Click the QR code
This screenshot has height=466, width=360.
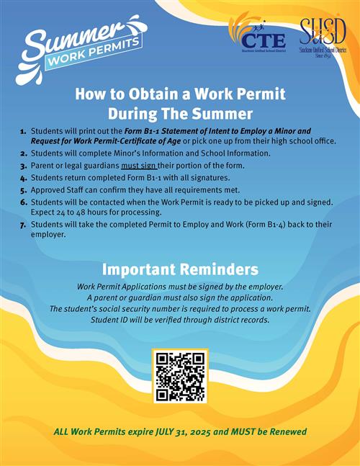pos(180,376)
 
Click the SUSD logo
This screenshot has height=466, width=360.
pos(323,37)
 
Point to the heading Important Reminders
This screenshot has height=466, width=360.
pos(180,269)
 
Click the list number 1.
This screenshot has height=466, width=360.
pos(24,131)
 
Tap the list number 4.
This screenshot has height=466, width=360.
pos(24,177)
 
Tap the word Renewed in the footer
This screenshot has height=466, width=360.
pos(285,432)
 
